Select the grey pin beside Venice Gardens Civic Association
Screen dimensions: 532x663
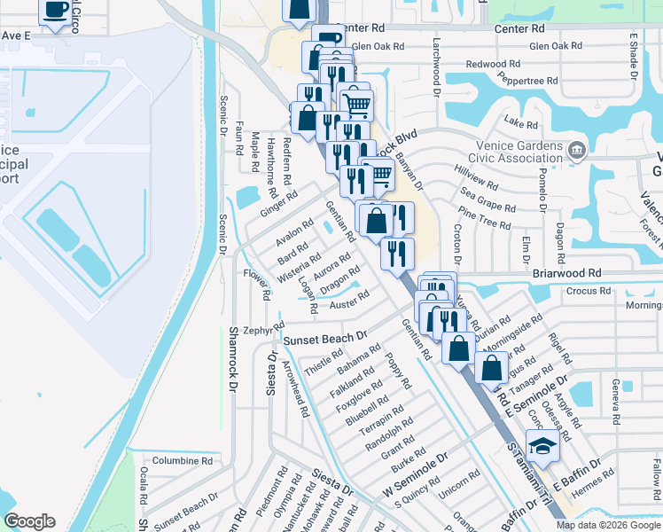click(578, 148)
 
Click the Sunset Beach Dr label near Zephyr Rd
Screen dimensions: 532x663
click(324, 339)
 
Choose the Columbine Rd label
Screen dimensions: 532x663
click(182, 461)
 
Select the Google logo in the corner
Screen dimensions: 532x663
click(29, 521)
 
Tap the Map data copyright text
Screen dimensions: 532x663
click(609, 525)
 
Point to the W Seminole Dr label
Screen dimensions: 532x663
click(416, 478)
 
